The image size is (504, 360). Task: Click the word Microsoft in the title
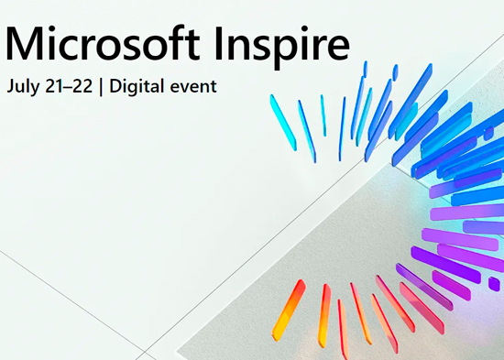tap(103, 43)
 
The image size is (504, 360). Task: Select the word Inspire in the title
tap(282, 48)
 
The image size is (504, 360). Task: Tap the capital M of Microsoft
tap(25, 44)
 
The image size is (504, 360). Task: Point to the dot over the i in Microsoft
tap(54, 29)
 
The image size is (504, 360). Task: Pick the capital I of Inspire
tap(219, 43)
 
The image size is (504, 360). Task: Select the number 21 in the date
tap(55, 86)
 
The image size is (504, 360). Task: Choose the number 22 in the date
tap(82, 86)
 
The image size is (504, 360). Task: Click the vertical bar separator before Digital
tap(101, 87)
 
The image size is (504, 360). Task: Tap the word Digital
tap(137, 87)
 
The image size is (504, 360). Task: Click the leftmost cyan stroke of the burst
tap(283, 123)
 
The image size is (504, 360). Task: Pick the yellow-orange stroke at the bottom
tap(289, 310)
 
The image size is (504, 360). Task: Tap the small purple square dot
tap(494, 284)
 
